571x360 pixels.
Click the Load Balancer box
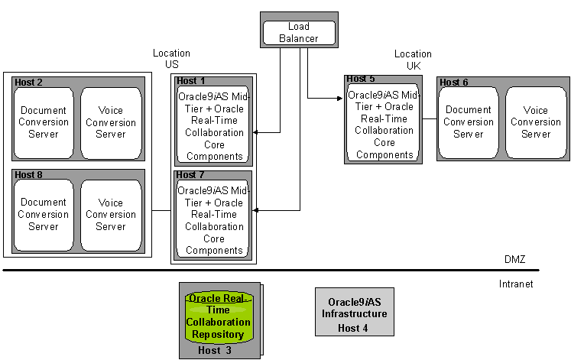(x=299, y=30)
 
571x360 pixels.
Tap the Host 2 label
(x=28, y=83)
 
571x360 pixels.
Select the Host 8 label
(x=28, y=175)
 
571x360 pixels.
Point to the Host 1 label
(x=190, y=81)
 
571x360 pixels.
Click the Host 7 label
(x=190, y=175)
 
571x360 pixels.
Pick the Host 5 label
(x=361, y=79)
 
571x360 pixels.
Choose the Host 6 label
(x=454, y=83)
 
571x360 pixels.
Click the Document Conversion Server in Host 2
(x=44, y=122)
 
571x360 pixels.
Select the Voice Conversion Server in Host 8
(x=111, y=215)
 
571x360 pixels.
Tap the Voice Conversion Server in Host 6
(x=536, y=122)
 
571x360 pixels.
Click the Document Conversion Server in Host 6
(x=469, y=122)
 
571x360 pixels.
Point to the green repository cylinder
(x=218, y=317)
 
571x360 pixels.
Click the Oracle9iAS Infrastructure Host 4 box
(x=355, y=312)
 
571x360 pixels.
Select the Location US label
(x=171, y=59)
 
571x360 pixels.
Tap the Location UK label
(x=413, y=60)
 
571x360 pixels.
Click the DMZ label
(x=515, y=259)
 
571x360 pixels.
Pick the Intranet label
(x=516, y=284)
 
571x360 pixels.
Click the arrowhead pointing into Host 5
(x=340, y=99)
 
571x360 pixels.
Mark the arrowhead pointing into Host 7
(x=255, y=210)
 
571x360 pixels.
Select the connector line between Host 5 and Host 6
(x=430, y=118)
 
